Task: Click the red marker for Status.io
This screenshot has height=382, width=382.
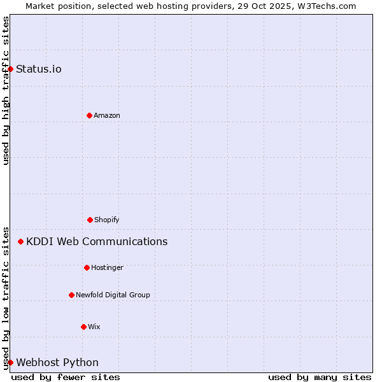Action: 10,69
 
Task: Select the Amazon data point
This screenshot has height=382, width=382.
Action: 89,115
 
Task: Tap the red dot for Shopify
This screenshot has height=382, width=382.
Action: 90,220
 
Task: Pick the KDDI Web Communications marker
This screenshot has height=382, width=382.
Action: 21,241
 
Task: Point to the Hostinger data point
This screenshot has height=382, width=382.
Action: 87,267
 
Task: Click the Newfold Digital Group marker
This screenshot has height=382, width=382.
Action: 71,295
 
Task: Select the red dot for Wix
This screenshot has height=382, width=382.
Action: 83,327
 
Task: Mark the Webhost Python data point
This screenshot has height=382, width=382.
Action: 10,362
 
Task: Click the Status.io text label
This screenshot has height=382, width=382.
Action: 39,69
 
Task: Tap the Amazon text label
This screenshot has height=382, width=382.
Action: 107,115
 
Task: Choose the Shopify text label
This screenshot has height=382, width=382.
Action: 107,220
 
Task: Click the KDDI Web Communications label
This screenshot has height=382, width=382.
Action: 97,241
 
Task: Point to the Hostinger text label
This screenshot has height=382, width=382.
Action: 107,267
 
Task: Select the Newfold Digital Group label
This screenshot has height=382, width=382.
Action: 113,295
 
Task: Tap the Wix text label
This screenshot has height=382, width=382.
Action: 94,327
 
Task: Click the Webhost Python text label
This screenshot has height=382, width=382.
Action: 57,362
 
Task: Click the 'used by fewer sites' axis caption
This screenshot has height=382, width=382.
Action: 66,377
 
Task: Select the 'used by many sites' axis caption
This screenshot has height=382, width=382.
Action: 320,377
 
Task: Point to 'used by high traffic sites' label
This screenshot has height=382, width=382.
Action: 6,90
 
